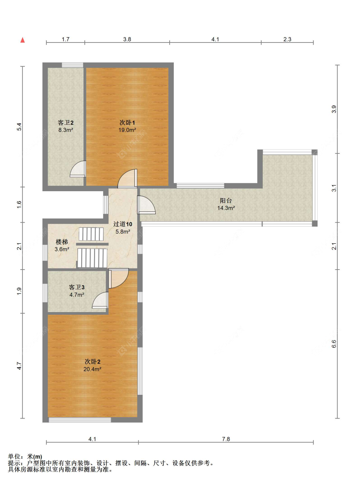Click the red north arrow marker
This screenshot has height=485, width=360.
pos(22,40)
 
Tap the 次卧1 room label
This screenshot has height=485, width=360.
pos(127,122)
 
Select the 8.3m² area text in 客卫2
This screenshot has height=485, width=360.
pos(65,130)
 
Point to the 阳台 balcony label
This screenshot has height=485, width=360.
pos(226,200)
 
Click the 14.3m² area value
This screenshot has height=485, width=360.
pos(226,208)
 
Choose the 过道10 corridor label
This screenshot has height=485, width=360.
pos(123,224)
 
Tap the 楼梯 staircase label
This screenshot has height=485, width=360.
pos(62,242)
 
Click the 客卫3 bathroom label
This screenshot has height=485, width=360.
pos(76,287)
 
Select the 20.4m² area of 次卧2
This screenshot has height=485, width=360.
pos(92,369)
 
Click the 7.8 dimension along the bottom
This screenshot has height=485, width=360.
pos(226,439)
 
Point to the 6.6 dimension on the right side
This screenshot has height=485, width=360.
pos(334,344)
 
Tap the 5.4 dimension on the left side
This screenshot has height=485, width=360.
pos(19,127)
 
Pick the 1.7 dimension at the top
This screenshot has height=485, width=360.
pos(65,39)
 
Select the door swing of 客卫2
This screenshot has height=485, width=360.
pos(78,169)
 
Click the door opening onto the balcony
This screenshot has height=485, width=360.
pos(146,205)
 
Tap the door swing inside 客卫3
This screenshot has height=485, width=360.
pos(100,300)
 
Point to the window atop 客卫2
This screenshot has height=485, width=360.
pos(72,65)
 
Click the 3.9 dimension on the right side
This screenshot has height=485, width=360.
pos(334,109)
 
